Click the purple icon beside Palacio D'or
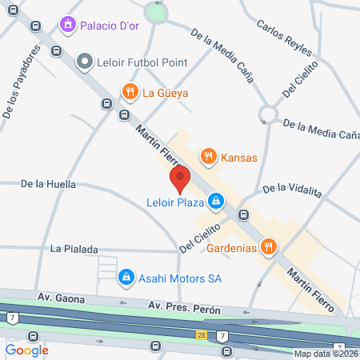[69, 26]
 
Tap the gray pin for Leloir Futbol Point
[84, 62]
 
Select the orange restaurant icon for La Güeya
[129, 92]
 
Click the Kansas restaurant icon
[208, 157]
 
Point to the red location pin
[180, 179]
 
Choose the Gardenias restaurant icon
[270, 247]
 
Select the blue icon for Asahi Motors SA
[125, 278]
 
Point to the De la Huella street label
[48, 184]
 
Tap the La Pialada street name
[72, 248]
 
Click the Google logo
[26, 350]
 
